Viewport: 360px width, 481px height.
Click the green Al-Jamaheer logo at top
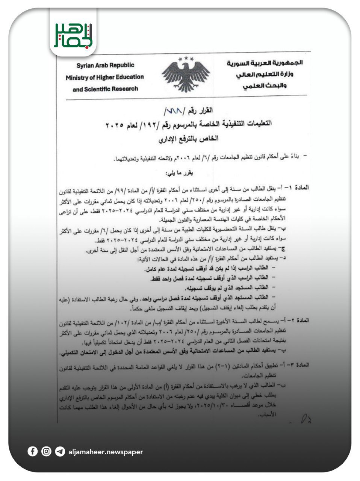(73, 35)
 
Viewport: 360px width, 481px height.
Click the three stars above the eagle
(186, 59)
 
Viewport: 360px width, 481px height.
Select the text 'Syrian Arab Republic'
(105, 65)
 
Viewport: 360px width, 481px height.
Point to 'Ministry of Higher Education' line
(105, 77)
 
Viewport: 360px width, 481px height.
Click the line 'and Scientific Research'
(105, 89)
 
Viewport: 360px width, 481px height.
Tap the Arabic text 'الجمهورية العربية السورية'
(264, 63)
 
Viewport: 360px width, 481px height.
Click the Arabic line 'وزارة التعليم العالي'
(265, 74)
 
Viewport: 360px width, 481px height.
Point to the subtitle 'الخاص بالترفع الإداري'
(189, 139)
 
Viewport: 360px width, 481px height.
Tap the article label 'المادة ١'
(299, 187)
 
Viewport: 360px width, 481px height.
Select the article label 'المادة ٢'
(299, 320)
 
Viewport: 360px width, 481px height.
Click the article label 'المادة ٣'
(299, 365)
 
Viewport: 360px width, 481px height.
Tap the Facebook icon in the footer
(33, 451)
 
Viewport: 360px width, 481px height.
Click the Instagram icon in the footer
(46, 451)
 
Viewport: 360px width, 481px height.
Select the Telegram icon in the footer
(60, 451)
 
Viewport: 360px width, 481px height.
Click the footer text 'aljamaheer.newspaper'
(106, 452)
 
